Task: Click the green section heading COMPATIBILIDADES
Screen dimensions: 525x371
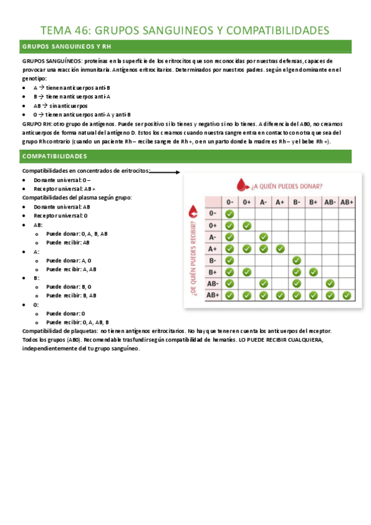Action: pos(55,155)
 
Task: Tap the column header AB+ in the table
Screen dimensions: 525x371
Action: pos(347,202)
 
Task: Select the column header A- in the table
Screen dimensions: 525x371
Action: pos(263,202)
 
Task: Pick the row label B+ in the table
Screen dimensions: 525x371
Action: pos(213,272)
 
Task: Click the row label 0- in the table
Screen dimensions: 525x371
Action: pos(213,214)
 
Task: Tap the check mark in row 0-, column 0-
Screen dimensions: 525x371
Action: pos(230,214)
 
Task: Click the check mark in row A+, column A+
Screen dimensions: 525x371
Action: pos(280,248)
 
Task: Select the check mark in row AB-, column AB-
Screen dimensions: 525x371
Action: pos(330,284)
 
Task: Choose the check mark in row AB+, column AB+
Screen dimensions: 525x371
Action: pos(347,295)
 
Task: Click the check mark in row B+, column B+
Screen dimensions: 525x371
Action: pos(313,272)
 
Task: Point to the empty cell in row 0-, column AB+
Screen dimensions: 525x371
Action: pos(347,214)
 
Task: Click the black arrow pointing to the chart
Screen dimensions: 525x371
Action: pos(165,173)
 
